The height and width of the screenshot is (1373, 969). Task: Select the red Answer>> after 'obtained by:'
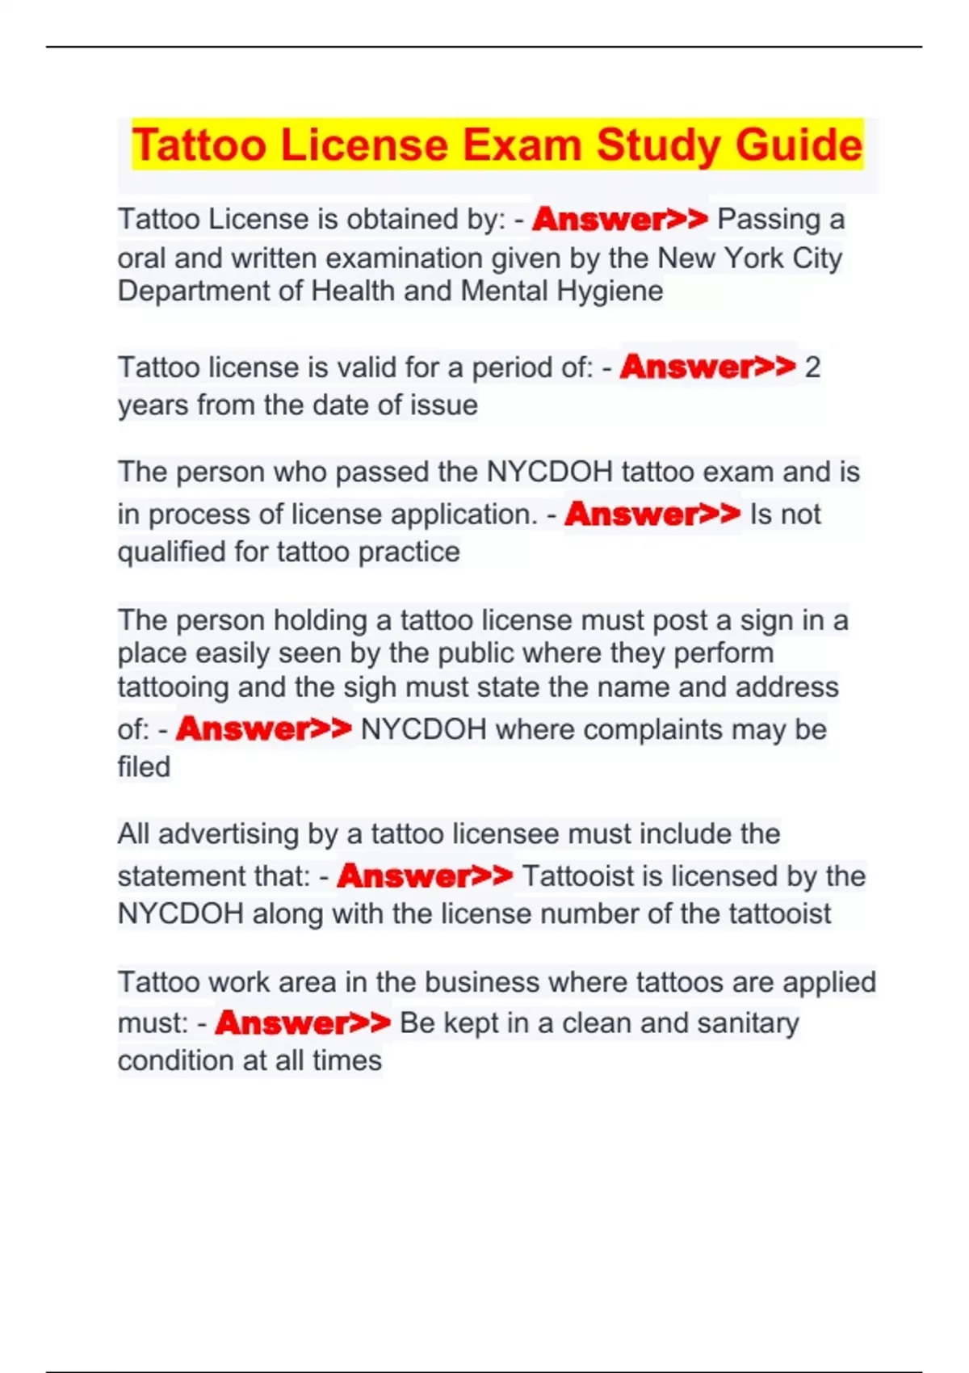point(619,219)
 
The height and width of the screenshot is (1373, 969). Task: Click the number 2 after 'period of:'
point(812,367)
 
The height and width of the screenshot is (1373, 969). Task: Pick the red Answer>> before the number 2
point(707,367)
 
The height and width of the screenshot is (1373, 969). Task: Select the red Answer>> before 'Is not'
point(652,514)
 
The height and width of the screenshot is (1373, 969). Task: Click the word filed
point(144,766)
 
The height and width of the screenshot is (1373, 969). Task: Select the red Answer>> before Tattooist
point(425,875)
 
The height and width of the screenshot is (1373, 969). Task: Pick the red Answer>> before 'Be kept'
point(303,1023)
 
